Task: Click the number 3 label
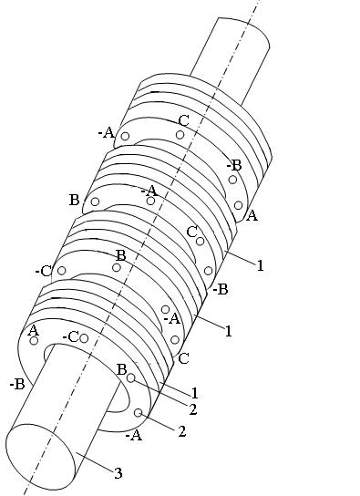[x=118, y=473]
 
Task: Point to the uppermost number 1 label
[x=260, y=265]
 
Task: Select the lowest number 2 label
[x=181, y=431]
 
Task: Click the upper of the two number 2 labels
[x=193, y=409]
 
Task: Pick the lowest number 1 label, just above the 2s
[x=195, y=393]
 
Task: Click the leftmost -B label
[x=17, y=385]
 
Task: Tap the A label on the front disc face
[x=33, y=331]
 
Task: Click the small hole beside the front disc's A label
[x=34, y=341]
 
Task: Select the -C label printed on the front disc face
[x=70, y=337]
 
